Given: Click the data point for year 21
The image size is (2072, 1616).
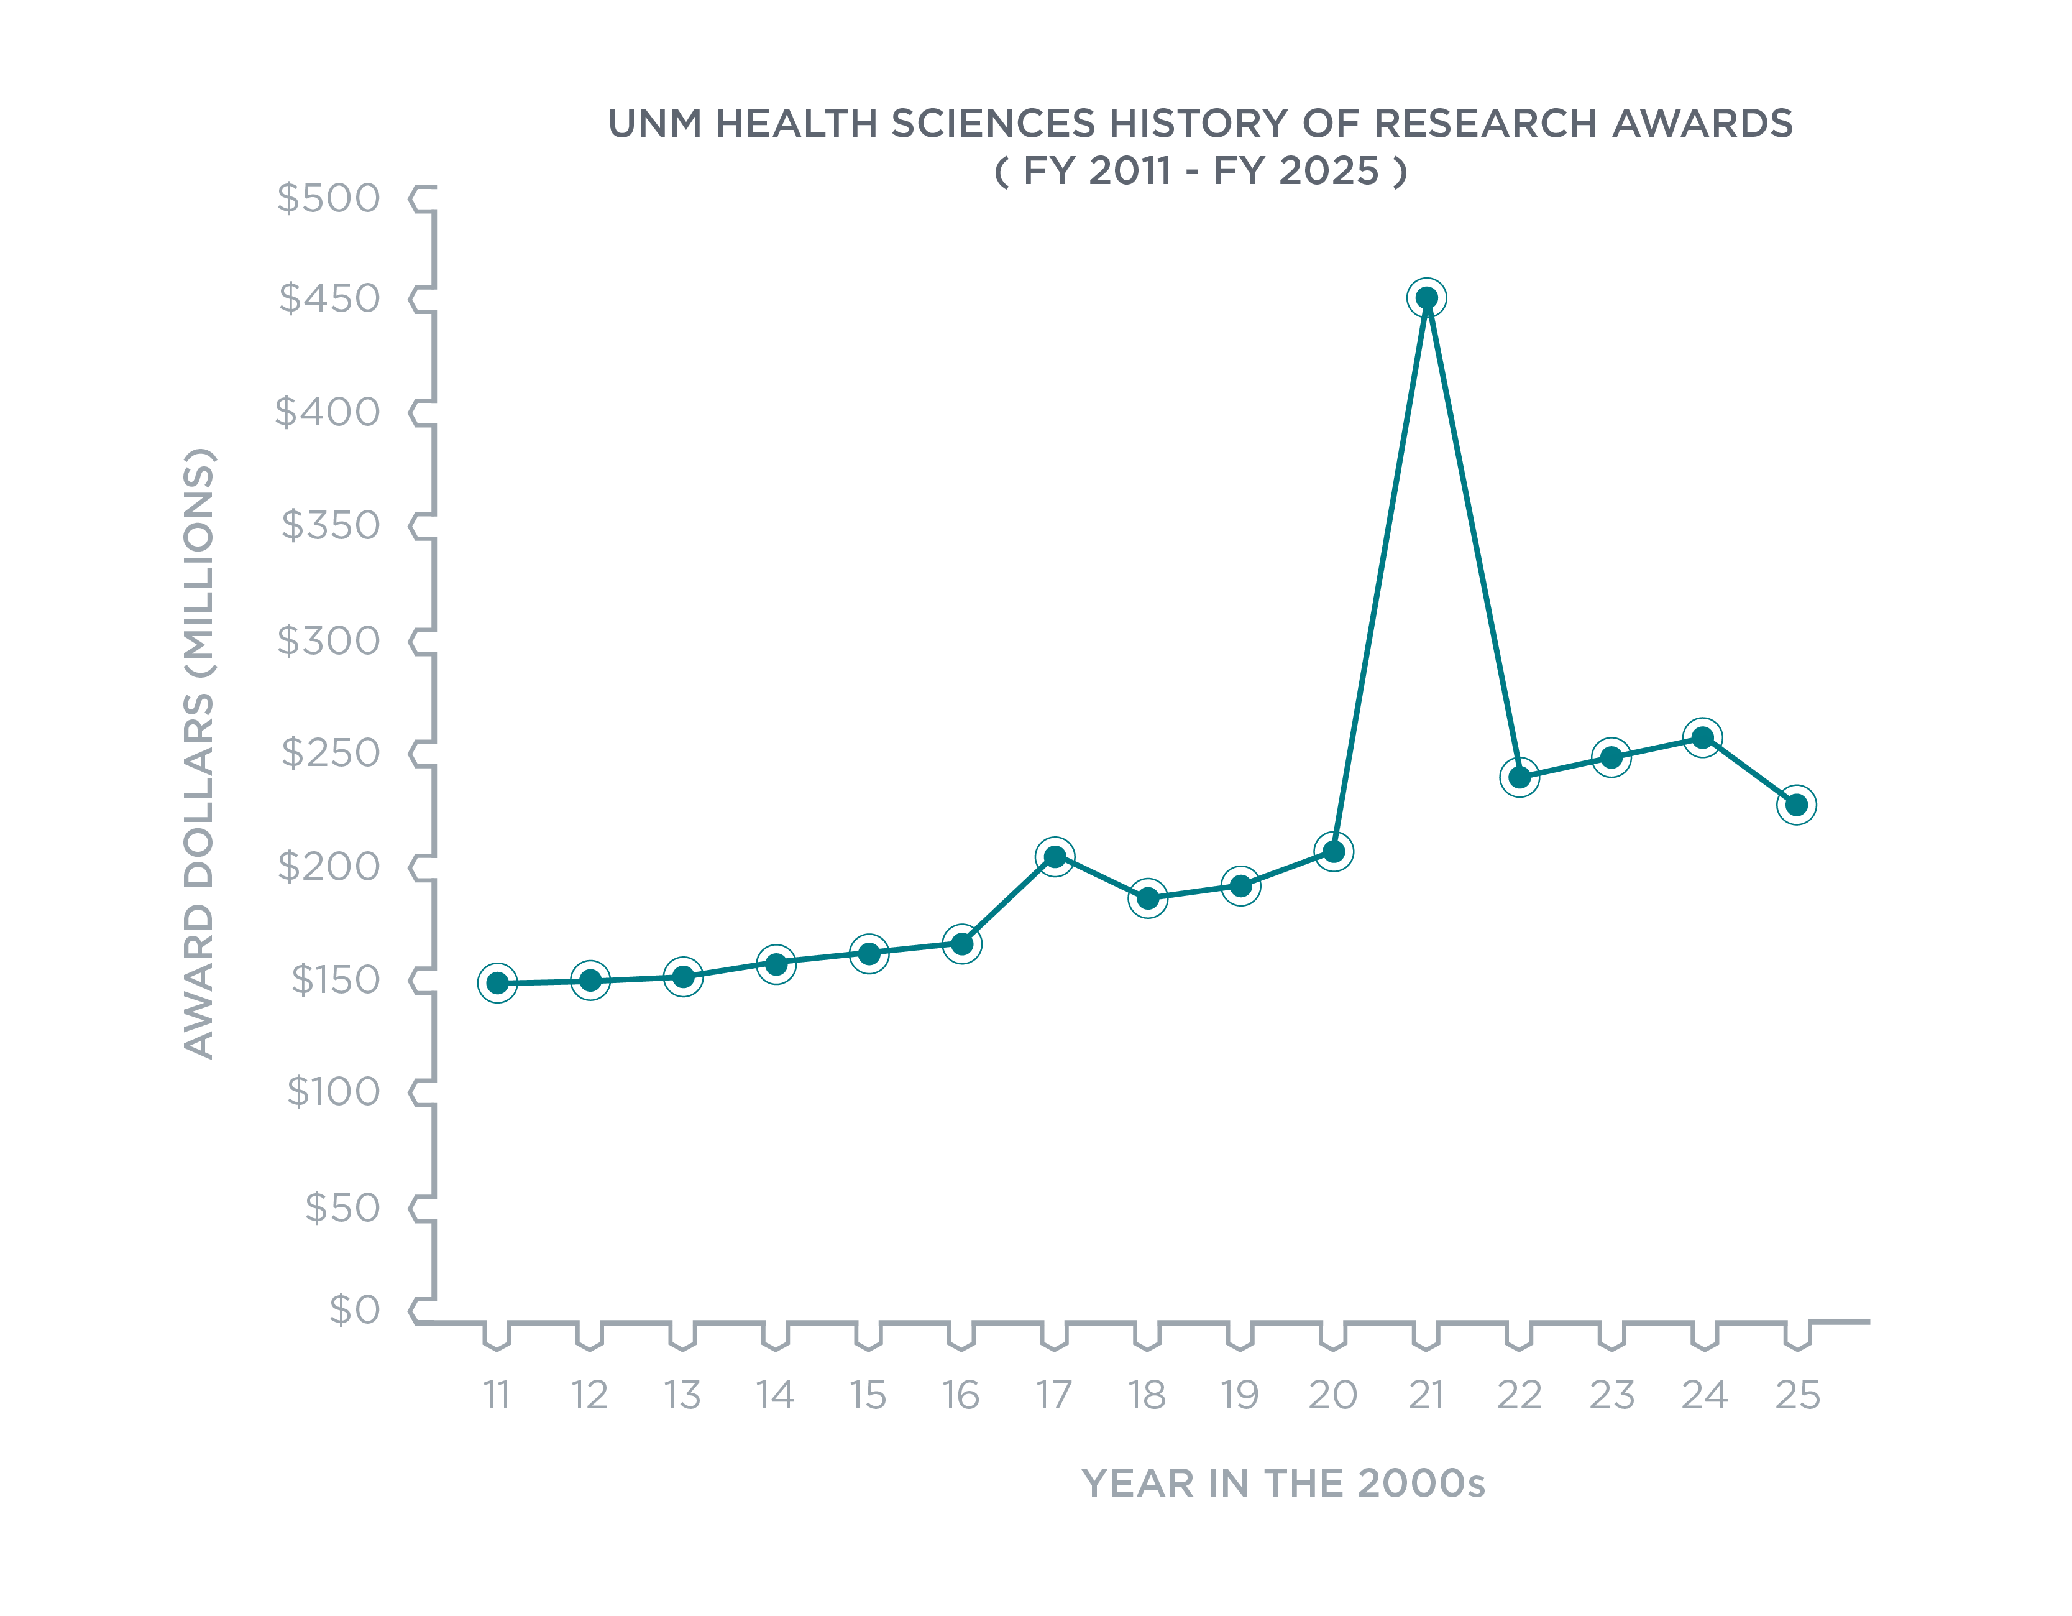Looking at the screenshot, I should pos(1426,298).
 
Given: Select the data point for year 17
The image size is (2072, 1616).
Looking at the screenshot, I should pos(1054,857).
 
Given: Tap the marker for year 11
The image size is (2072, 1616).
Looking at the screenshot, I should pos(497,983).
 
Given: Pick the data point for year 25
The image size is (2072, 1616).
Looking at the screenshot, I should pos(1796,805).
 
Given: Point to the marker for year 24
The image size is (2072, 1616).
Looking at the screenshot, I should pos(1702,737).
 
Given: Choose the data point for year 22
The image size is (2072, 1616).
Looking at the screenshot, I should pos(1519,777).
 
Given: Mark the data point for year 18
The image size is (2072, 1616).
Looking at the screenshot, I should pos(1147,898).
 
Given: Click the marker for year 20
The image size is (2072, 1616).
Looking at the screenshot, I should pos(1333,851).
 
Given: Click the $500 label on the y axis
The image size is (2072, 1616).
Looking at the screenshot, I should pos(328,198).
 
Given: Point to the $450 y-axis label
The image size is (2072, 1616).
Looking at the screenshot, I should pos(329,299).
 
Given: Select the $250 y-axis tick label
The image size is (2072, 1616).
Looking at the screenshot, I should pos(330,754).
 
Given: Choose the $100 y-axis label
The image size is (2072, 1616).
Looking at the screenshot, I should pos(333,1092).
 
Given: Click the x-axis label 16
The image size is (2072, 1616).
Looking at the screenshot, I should pos(960,1395).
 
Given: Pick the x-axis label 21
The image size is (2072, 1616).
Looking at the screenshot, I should pos(1426,1395).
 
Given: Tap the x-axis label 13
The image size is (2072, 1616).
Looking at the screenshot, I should pos(681,1395).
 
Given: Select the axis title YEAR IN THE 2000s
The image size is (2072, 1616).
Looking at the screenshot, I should pos(1283,1483).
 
